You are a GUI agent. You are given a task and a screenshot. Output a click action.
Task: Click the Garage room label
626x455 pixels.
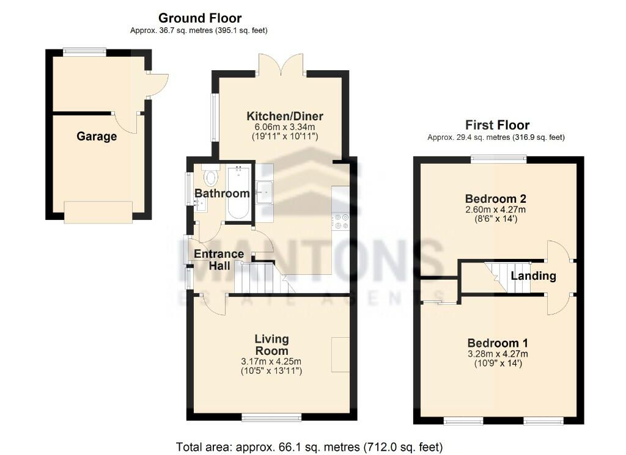(97, 137)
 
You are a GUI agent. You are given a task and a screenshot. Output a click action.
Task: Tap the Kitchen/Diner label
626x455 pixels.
(285, 117)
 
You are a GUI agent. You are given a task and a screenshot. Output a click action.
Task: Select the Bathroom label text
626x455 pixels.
(222, 194)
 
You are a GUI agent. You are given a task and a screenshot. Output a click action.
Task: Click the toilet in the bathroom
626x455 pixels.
(211, 177)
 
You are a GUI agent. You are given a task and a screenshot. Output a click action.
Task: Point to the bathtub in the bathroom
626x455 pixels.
(238, 192)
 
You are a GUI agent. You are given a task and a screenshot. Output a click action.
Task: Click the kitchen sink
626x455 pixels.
(265, 192)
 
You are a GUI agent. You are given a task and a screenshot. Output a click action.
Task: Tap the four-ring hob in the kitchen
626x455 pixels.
(341, 221)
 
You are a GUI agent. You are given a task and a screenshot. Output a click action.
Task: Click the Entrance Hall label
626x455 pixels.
(219, 260)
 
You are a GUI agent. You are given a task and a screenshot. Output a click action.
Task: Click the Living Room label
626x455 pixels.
(271, 345)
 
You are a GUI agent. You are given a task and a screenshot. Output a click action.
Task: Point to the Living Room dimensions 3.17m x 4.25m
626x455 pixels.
(271, 362)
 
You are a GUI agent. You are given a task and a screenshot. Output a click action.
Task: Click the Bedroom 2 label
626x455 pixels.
(496, 199)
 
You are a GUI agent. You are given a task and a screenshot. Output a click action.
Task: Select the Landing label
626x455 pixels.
(534, 276)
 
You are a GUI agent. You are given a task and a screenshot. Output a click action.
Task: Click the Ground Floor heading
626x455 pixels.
(199, 18)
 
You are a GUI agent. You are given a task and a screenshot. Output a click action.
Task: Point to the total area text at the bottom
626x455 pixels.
(309, 446)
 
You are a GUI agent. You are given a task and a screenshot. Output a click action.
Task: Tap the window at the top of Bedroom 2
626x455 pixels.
(499, 159)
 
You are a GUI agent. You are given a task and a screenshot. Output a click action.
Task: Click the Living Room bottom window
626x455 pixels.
(271, 417)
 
